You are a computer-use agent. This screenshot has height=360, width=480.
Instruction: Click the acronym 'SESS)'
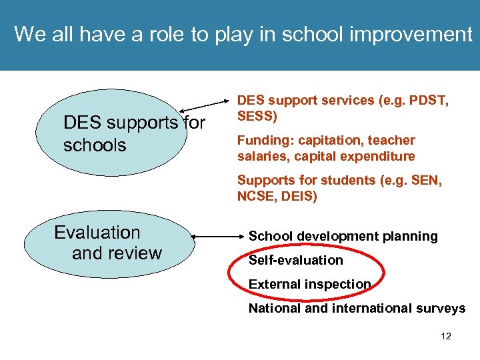click(257, 116)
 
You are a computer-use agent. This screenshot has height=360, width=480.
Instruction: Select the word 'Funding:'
click(264, 140)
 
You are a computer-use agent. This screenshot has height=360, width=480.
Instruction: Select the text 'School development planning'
click(343, 236)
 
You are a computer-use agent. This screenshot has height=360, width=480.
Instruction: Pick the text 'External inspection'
click(309, 284)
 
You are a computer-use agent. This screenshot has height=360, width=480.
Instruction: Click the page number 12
click(446, 336)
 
